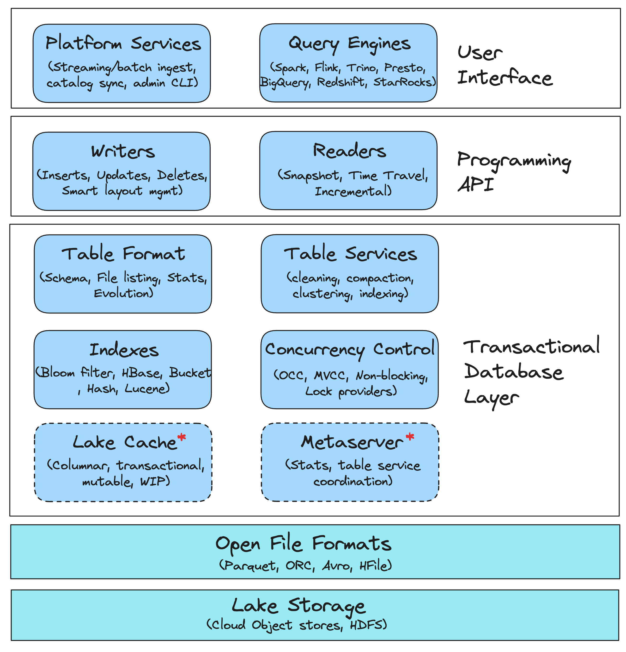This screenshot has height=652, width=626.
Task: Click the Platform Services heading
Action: pyautogui.click(x=123, y=44)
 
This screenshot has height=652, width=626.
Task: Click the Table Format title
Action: pyautogui.click(x=123, y=254)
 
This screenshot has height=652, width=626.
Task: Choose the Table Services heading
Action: pyautogui.click(x=350, y=254)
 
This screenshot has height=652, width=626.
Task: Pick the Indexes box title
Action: pyautogui.click(x=124, y=350)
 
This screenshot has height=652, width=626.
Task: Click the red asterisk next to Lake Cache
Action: pyautogui.click(x=182, y=437)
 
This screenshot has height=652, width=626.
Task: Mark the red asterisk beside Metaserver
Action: pyautogui.click(x=410, y=436)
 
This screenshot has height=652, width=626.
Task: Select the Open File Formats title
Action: pyautogui.click(x=303, y=544)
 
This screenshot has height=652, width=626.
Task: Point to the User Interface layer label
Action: pyautogui.click(x=504, y=66)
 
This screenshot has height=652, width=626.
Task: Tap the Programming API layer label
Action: pyautogui.click(x=513, y=172)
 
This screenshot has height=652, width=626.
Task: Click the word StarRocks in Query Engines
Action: pyautogui.click(x=404, y=82)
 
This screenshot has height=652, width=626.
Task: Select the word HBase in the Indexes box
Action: pyautogui.click(x=141, y=373)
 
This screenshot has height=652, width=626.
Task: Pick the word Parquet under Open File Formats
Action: pyautogui.click(x=250, y=565)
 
